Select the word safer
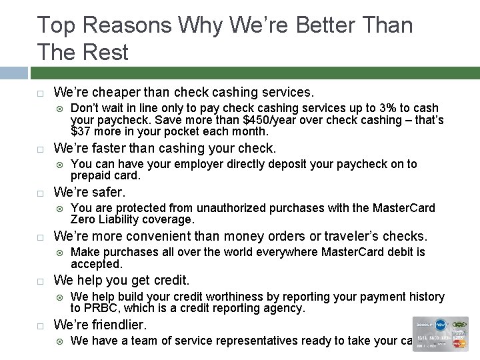(107, 192)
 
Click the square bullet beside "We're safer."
(40, 193)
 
